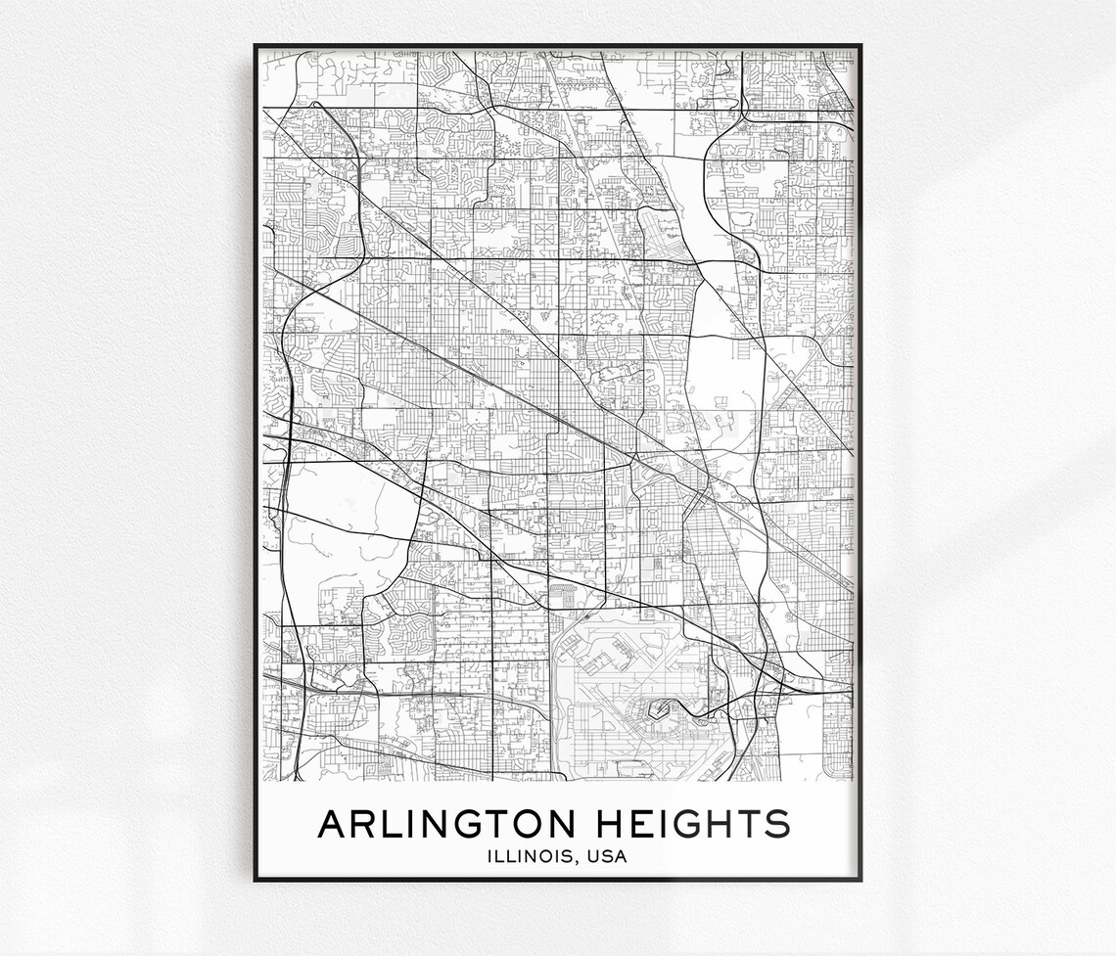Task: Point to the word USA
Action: (x=607, y=857)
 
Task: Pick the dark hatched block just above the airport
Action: (x=565, y=591)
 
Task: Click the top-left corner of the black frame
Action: (x=256, y=45)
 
